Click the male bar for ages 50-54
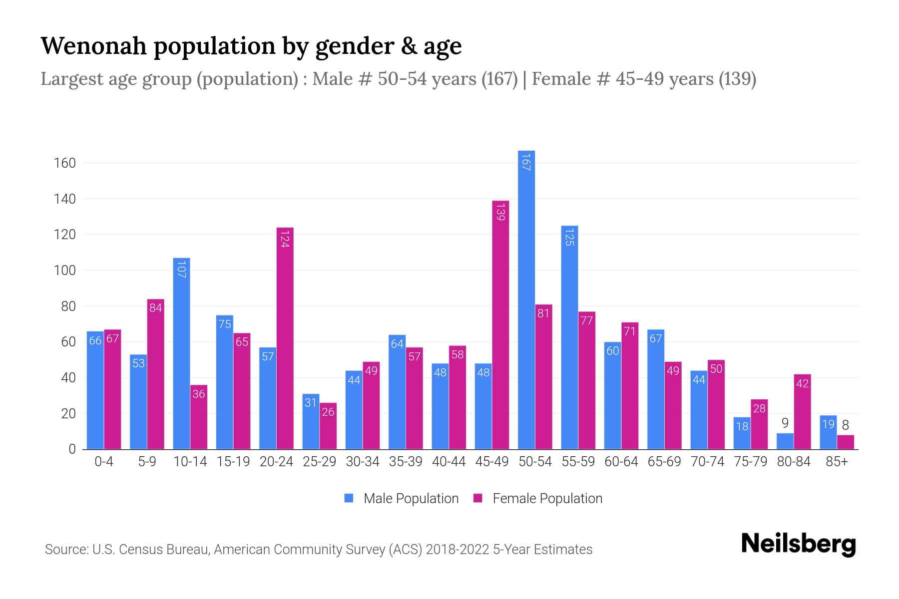[526, 299]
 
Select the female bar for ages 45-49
[500, 324]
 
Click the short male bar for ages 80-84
[785, 442]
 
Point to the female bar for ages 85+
[846, 442]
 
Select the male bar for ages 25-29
[311, 422]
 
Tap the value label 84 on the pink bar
[155, 307]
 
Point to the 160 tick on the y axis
[65, 163]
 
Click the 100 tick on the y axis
[65, 271]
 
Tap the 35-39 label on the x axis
[406, 462]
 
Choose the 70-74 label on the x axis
[707, 462]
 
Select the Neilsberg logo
[798, 544]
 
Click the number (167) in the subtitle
[499, 79]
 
